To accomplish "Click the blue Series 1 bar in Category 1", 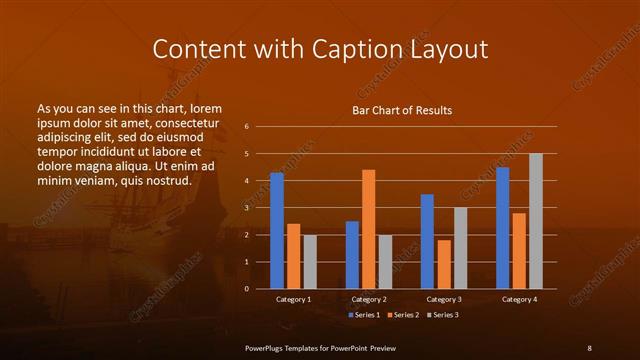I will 277,230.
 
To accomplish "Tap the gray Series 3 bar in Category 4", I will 536,221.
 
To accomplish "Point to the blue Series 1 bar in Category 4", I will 503,228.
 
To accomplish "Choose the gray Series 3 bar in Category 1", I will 310,261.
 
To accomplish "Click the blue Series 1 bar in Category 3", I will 427,241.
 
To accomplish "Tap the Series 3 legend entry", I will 442,315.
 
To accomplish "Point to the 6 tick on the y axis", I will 246,127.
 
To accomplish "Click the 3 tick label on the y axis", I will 246,208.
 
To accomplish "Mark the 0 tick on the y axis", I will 246,289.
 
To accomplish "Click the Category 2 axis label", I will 369,299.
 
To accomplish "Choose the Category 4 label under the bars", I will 519,299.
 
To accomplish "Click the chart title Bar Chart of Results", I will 402,110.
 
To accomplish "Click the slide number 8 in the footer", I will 589,347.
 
